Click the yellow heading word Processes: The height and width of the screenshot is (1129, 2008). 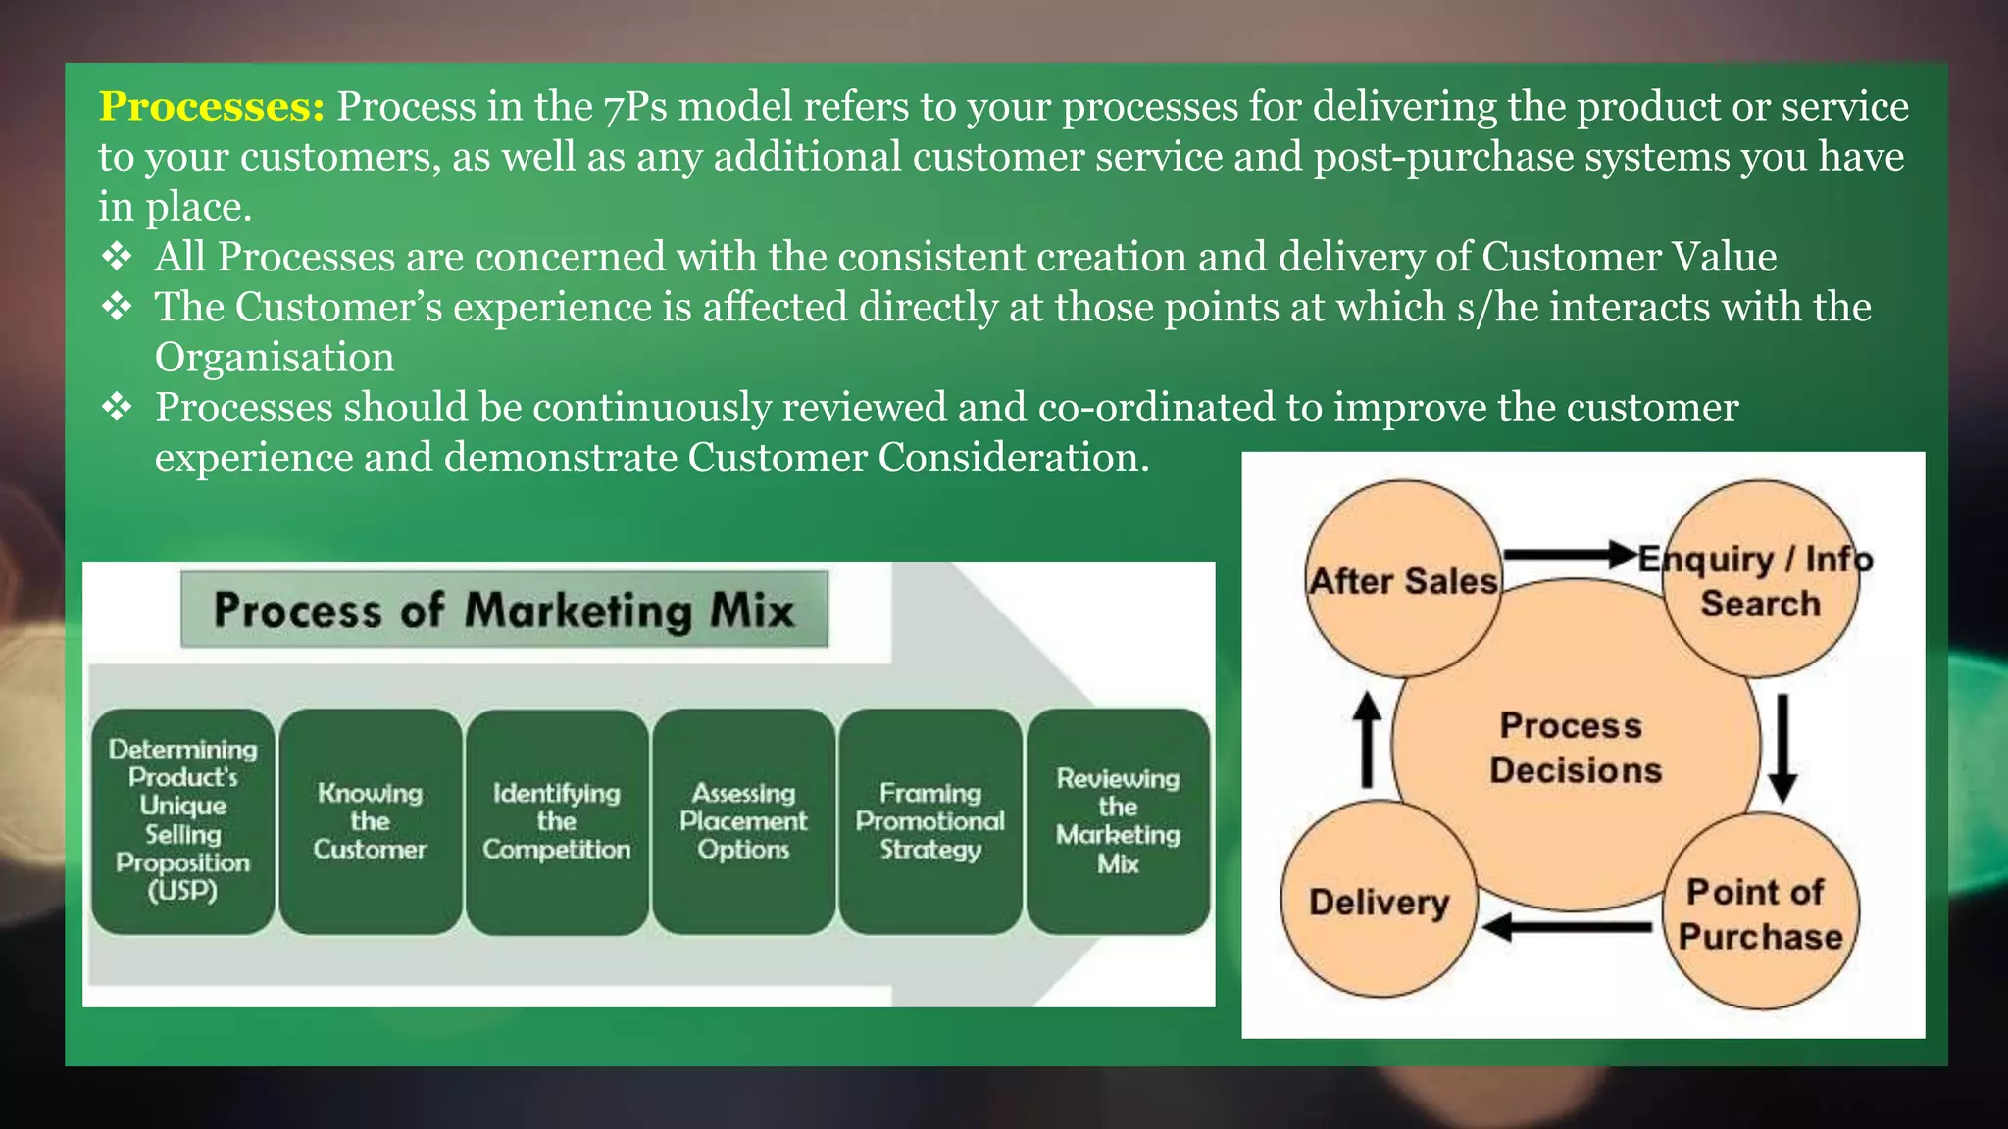click(x=211, y=107)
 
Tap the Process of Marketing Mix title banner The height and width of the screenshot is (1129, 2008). click(x=504, y=610)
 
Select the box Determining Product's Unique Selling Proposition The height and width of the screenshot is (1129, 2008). click(x=183, y=820)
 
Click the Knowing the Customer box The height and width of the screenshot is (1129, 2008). click(x=370, y=820)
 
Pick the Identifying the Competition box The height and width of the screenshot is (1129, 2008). click(x=557, y=820)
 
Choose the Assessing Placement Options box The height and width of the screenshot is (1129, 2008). click(x=743, y=820)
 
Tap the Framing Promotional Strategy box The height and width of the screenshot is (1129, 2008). click(x=929, y=820)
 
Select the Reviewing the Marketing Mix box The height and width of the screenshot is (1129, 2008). click(x=1118, y=820)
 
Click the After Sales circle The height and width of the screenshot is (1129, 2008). click(x=1404, y=580)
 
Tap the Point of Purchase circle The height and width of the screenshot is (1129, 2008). click(x=1760, y=912)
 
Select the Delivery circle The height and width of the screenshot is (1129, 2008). click(x=1379, y=901)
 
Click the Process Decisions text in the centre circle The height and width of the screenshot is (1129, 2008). click(x=1575, y=748)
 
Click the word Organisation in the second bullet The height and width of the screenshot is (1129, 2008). click(x=275, y=358)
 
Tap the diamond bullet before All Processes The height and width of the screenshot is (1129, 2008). click(x=117, y=257)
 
